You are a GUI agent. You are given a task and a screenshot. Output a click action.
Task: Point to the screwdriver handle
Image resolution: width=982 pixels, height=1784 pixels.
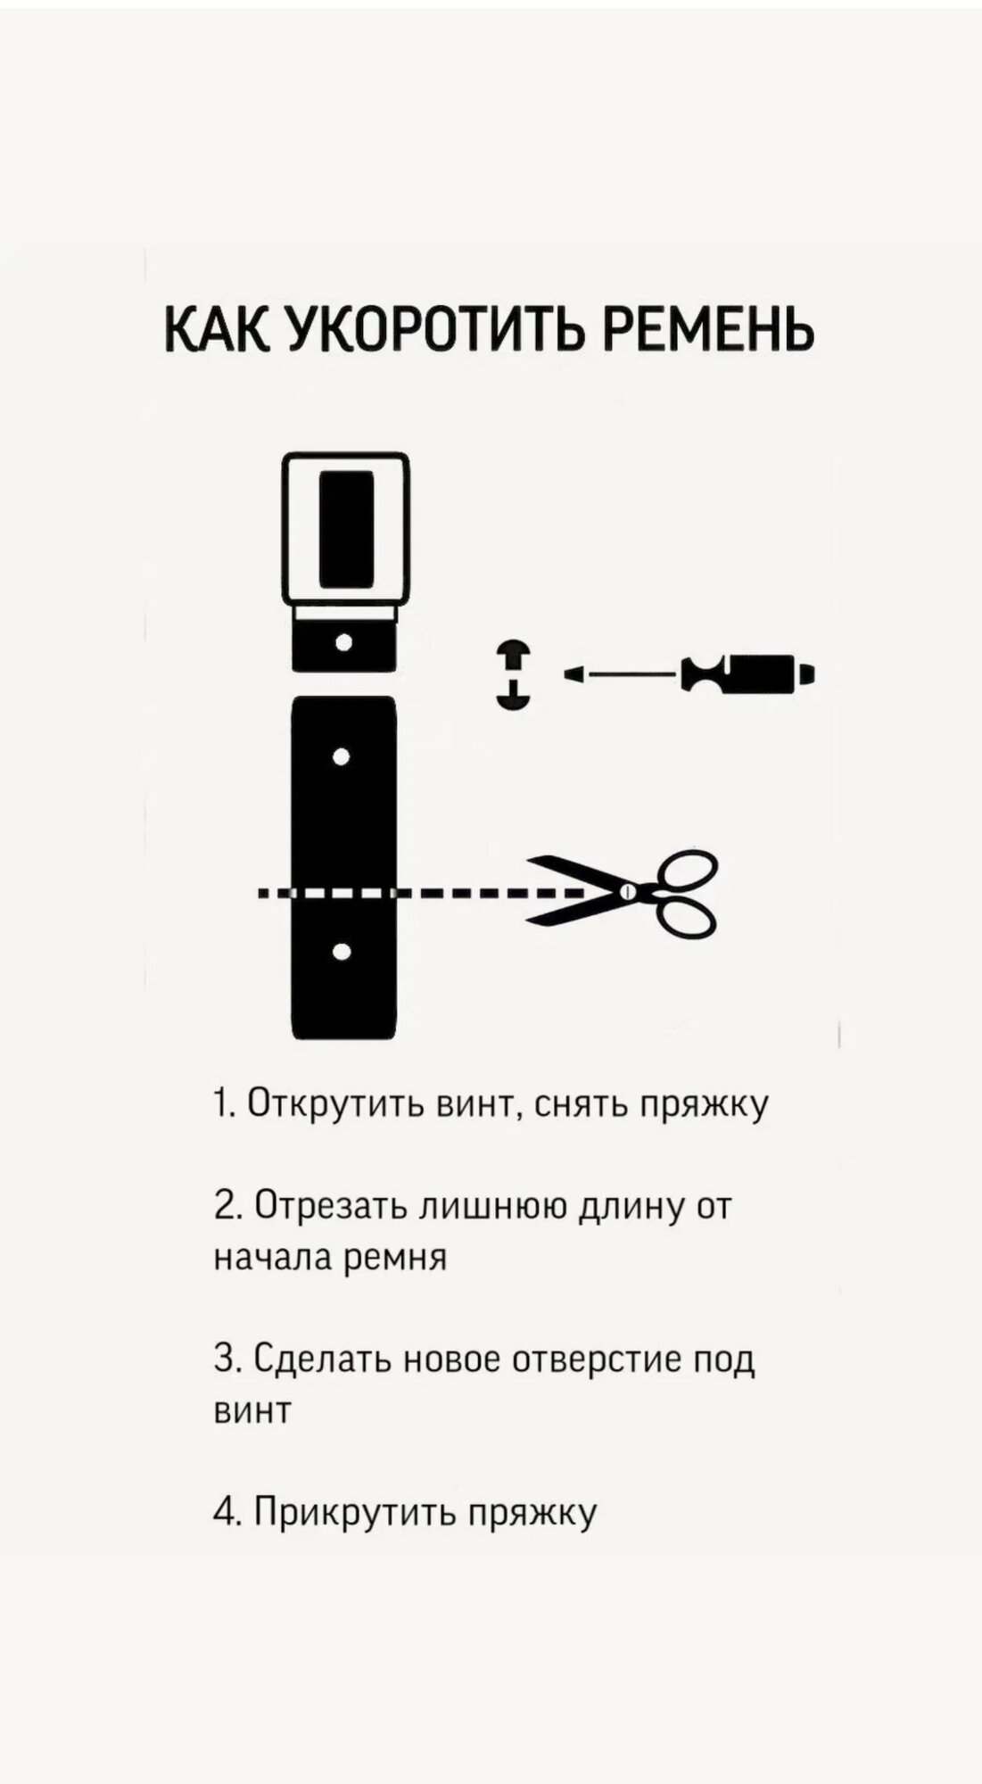(x=749, y=673)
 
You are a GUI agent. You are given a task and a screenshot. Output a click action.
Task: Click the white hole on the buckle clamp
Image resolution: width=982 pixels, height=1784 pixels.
(x=343, y=641)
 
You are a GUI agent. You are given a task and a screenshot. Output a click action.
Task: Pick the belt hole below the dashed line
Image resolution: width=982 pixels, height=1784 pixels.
(x=341, y=952)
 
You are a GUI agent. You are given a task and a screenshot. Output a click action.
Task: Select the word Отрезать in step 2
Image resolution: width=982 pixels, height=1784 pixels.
(x=333, y=1206)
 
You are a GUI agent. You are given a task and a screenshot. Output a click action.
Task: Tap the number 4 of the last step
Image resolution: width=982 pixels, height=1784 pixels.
(x=223, y=1511)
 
